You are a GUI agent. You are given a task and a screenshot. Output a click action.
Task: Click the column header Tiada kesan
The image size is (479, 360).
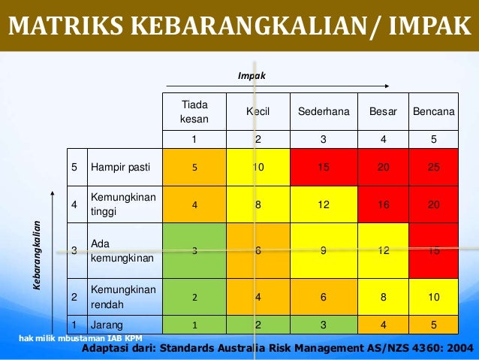[x=194, y=111]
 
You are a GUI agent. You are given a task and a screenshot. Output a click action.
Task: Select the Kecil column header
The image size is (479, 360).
[x=258, y=111]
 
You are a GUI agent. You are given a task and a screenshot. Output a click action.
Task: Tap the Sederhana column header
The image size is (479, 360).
[x=324, y=111]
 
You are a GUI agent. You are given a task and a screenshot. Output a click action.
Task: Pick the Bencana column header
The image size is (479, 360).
[x=433, y=111]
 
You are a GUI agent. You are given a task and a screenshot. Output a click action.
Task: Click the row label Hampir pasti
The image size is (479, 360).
[x=118, y=167]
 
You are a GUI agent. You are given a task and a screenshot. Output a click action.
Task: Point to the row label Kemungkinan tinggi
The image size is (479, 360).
[x=122, y=204]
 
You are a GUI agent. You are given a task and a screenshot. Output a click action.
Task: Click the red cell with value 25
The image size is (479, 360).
[x=433, y=167]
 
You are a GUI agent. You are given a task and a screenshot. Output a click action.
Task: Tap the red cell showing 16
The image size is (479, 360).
[x=383, y=204]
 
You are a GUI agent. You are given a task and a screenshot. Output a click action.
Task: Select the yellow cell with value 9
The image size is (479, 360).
[x=324, y=251]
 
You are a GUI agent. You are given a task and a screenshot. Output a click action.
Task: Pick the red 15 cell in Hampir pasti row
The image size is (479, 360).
[x=324, y=167]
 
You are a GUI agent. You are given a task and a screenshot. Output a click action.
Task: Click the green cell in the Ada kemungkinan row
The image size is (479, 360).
[x=194, y=251]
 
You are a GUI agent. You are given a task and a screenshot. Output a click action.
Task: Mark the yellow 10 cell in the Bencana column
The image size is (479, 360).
[x=433, y=297]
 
